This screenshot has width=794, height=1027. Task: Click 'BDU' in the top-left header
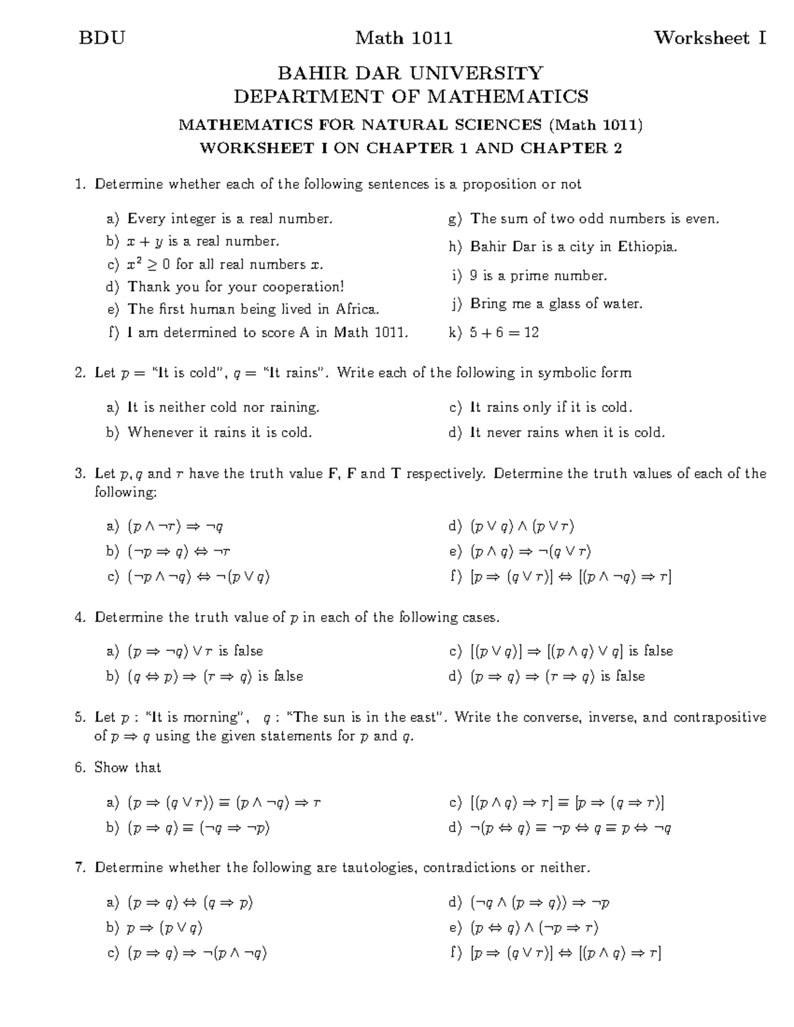point(102,38)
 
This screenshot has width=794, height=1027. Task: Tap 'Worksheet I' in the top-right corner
point(710,38)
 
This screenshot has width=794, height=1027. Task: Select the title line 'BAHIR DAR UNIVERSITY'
point(410,73)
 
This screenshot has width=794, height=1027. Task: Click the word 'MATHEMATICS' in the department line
point(507,97)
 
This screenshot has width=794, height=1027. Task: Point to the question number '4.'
point(81,618)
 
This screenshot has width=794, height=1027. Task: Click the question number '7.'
point(81,868)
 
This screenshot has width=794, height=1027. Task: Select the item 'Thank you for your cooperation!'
point(236,287)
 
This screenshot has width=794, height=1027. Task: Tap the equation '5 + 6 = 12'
point(504,333)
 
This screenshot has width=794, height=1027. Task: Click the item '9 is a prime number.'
point(538,276)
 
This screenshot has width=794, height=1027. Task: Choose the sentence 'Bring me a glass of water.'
point(556,304)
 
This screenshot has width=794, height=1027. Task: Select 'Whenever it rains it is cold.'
point(220,433)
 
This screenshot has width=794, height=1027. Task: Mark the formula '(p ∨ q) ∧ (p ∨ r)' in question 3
point(522,527)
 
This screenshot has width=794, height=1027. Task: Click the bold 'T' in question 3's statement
point(396,474)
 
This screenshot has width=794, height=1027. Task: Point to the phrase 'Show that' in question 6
point(128,768)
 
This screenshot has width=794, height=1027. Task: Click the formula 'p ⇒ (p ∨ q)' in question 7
point(164,928)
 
